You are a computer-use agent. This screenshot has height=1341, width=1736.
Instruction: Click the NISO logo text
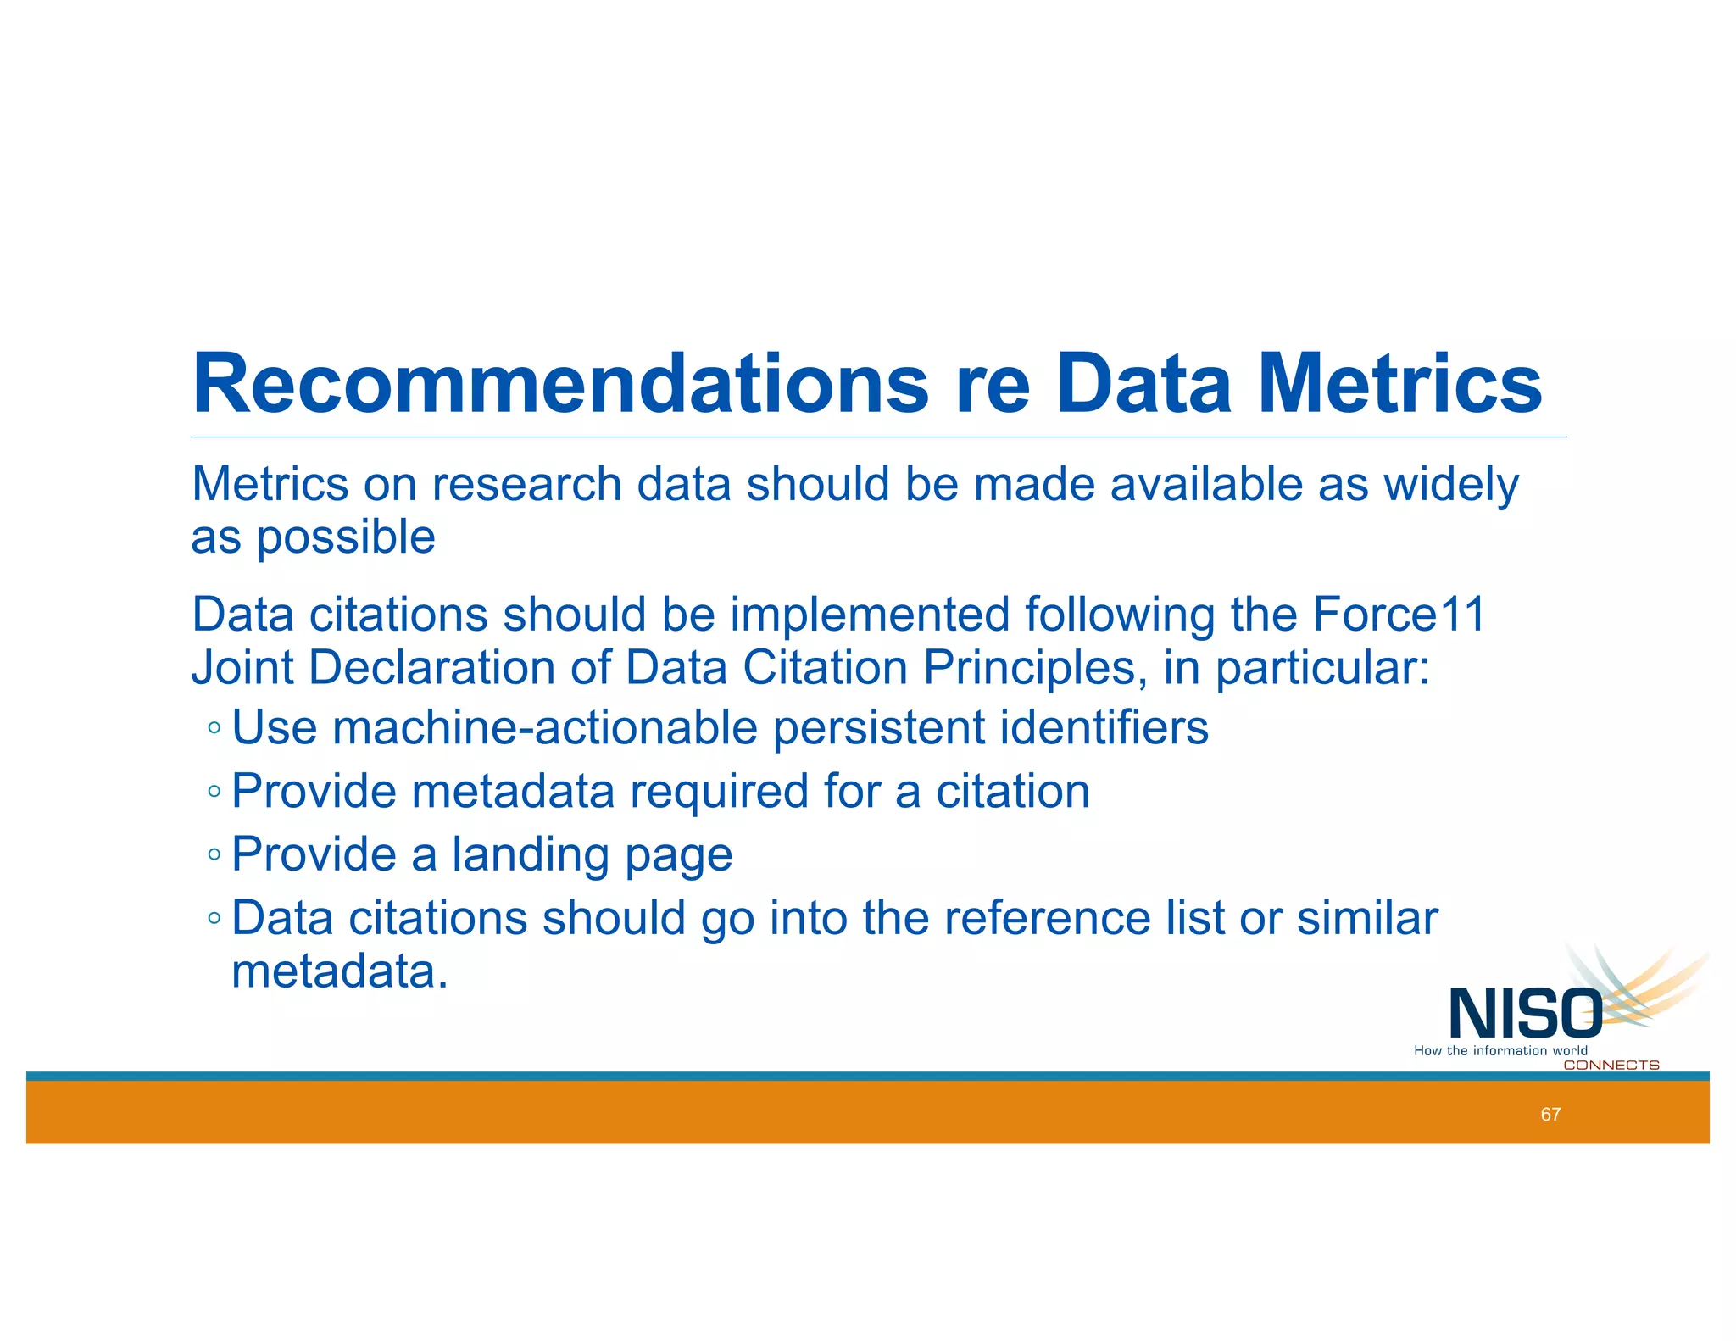pyautogui.click(x=1525, y=1014)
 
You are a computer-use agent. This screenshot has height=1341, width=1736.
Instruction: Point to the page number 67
pyautogui.click(x=1550, y=1115)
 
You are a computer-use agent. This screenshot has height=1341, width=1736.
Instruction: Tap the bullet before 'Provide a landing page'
pyautogui.click(x=214, y=854)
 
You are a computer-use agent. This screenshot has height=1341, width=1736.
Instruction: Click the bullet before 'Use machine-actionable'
pyautogui.click(x=214, y=727)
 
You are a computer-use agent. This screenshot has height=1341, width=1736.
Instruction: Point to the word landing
pyautogui.click(x=531, y=854)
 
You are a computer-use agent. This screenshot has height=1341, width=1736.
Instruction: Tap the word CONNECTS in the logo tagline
pyautogui.click(x=1611, y=1066)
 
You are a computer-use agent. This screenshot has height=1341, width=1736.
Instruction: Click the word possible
pyautogui.click(x=346, y=537)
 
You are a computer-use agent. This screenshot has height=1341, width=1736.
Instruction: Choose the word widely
pyautogui.click(x=1450, y=485)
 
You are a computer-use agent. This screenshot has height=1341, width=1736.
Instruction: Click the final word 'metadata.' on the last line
pyautogui.click(x=339, y=971)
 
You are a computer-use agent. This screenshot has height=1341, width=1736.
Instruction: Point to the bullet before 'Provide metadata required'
pyautogui.click(x=214, y=791)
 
